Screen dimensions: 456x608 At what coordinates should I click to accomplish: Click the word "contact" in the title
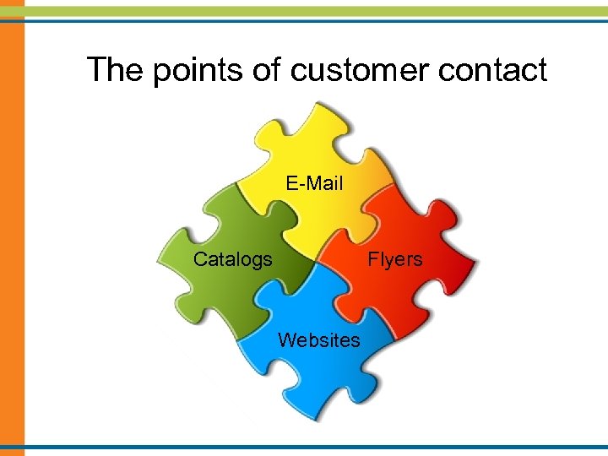coord(497,69)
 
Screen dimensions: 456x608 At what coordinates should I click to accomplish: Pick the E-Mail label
coord(314,182)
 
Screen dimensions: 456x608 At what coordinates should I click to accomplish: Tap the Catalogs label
coord(233,259)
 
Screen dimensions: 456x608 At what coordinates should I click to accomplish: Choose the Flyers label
coord(394,259)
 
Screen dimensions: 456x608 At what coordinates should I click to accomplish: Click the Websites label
coord(319,339)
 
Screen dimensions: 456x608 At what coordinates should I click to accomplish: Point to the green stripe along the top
coord(304,10)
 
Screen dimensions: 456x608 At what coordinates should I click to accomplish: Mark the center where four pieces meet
coord(314,262)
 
